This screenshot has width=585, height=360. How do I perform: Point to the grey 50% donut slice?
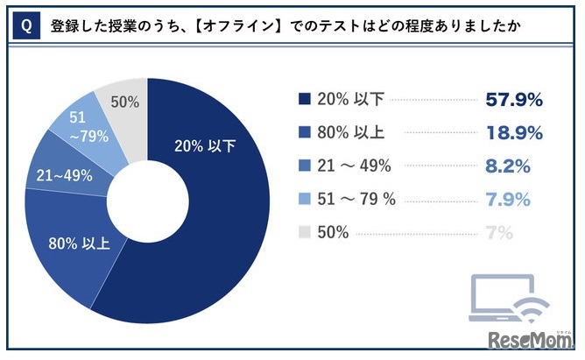pos(123,103)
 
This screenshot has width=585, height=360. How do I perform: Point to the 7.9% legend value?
pos(507,200)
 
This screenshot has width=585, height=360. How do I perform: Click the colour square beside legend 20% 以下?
pos(304,99)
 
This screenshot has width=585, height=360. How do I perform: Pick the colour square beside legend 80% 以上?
pos(304,133)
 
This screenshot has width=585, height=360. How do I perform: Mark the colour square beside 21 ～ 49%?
pos(304,166)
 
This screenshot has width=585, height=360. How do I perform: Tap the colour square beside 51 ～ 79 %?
pos(304,200)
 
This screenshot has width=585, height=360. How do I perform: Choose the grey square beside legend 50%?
pos(304,233)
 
